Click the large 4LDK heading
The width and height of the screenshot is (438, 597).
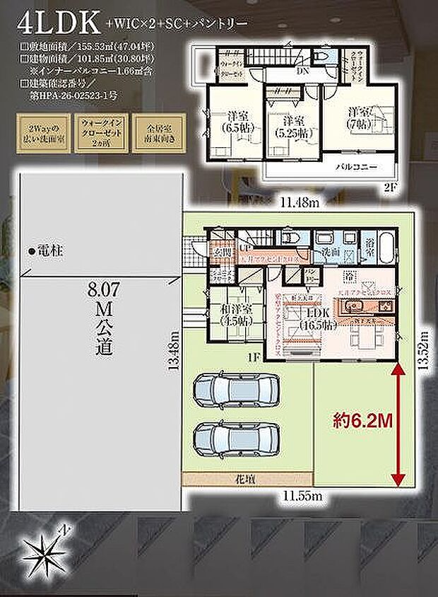(x=52, y=22)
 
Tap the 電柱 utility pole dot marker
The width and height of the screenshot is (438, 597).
(x=32, y=252)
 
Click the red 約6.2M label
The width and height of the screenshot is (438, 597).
(x=362, y=419)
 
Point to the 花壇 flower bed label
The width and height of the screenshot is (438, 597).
(x=247, y=479)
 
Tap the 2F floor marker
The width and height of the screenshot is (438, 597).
(x=391, y=187)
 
